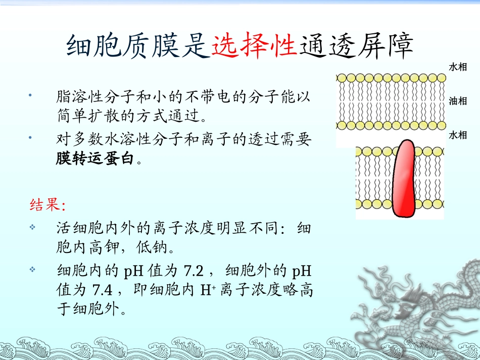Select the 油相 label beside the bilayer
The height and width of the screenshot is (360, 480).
(458, 101)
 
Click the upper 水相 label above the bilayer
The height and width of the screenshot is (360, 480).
(458, 67)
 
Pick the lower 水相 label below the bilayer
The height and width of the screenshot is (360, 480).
(458, 135)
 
